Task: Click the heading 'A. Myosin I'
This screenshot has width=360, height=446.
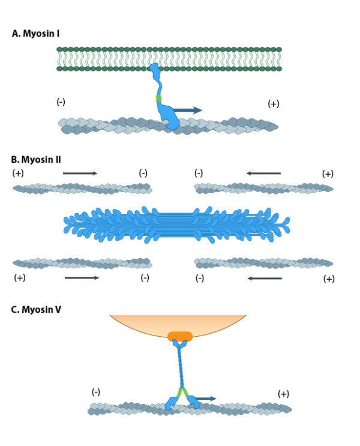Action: tap(35, 34)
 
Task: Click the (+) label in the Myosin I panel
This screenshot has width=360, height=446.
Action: tap(273, 104)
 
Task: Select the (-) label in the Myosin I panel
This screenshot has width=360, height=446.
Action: tap(61, 102)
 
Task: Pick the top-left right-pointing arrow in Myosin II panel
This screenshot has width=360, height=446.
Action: tap(80, 173)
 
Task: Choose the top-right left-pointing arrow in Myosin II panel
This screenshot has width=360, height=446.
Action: tap(263, 173)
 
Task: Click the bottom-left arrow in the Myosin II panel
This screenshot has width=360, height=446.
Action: tap(82, 278)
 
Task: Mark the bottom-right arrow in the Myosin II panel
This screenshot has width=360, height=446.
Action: tap(265, 278)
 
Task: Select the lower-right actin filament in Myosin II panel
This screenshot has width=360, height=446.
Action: tap(264, 263)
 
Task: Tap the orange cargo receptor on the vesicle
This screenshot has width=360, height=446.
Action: tap(179, 336)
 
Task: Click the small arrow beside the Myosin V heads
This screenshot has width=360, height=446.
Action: tap(207, 399)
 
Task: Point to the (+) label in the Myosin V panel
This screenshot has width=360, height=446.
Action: tap(284, 394)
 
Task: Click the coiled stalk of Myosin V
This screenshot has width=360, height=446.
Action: tap(179, 366)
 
